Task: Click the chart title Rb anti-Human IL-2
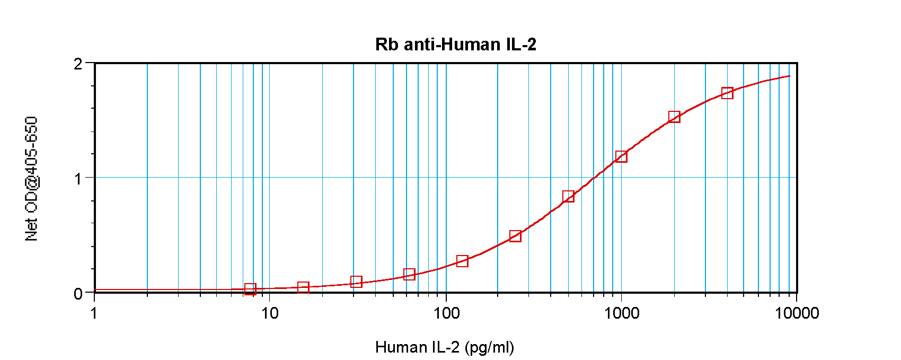(455, 44)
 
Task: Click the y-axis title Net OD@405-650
(32, 179)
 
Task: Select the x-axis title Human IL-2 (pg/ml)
(444, 347)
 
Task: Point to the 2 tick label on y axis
(78, 64)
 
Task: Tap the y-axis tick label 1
(78, 179)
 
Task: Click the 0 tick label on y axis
(78, 294)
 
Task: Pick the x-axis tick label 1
(94, 313)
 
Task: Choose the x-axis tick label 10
(270, 313)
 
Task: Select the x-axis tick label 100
(446, 313)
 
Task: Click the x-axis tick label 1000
(622, 313)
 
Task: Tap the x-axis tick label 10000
(797, 313)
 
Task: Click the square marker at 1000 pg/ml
(621, 156)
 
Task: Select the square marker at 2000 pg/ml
(674, 117)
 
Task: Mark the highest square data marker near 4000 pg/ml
(727, 93)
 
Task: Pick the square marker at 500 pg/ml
(568, 197)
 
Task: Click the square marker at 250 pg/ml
(515, 236)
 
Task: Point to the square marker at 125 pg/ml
(462, 261)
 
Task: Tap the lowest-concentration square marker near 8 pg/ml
(250, 289)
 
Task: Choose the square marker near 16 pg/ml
(303, 287)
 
